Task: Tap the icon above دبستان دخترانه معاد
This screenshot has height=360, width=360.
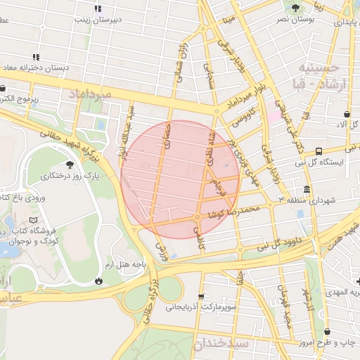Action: tap(35, 57)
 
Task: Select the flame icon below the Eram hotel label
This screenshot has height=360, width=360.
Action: tap(98, 281)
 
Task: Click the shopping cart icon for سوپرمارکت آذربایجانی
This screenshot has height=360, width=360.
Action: tap(202, 296)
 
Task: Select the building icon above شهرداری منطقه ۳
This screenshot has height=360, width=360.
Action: tap(307, 190)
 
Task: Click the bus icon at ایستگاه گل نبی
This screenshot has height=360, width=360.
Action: tap(319, 151)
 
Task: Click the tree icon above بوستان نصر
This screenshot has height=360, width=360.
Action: tap(295, 8)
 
